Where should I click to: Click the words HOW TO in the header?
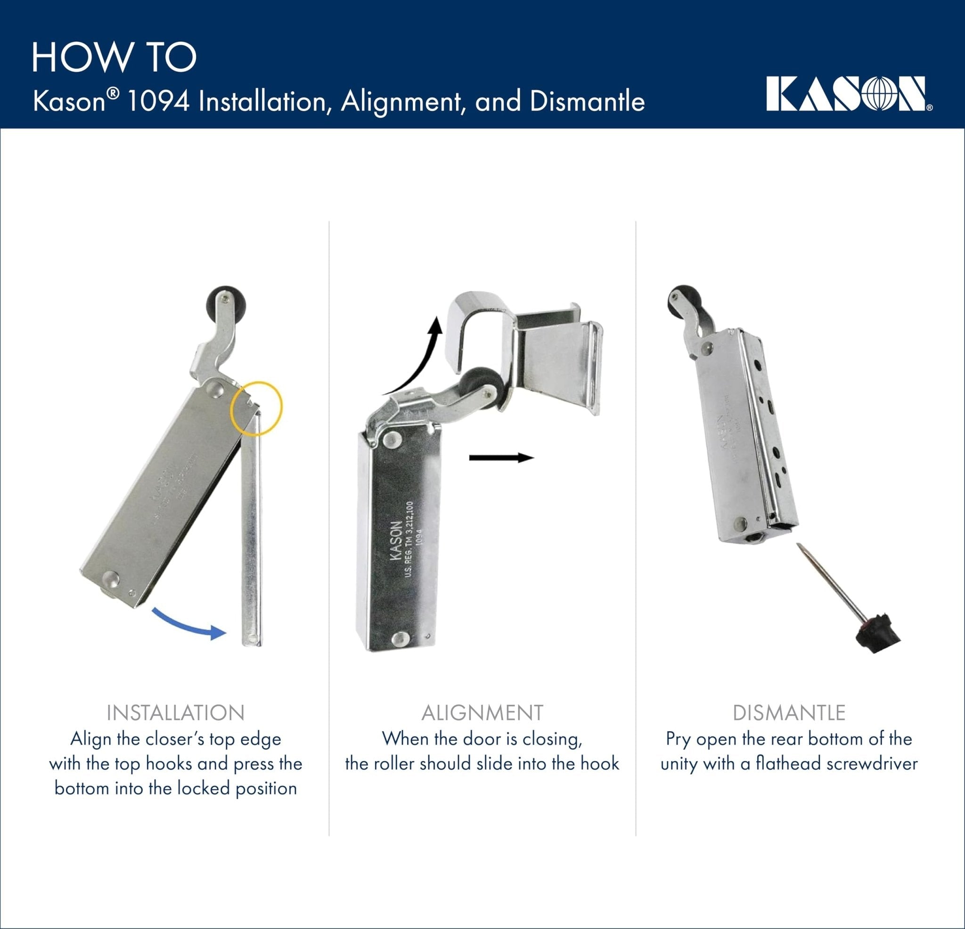[x=114, y=58]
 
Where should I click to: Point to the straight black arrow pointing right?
[x=501, y=458]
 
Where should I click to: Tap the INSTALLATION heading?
[x=175, y=713]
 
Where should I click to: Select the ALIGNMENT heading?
[x=482, y=713]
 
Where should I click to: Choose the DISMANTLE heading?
[x=789, y=713]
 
